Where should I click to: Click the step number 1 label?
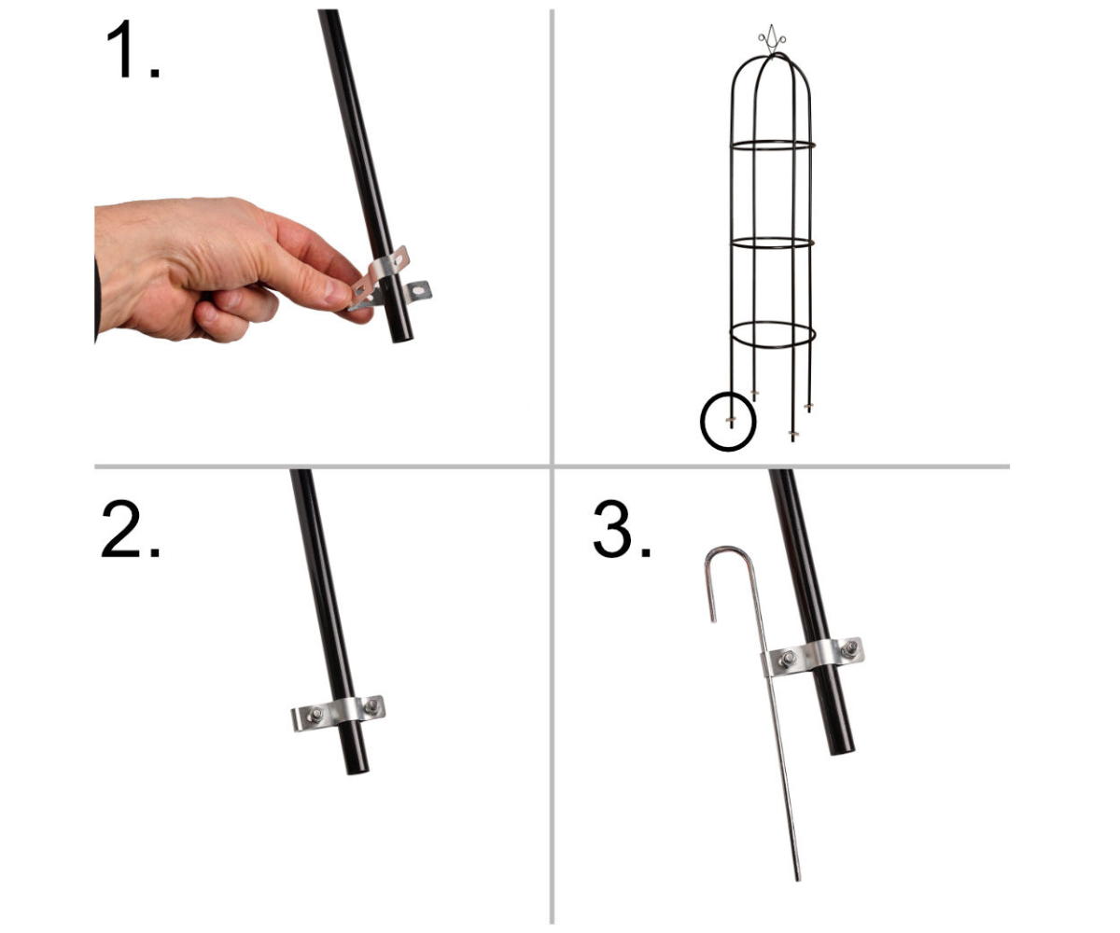[x=133, y=49]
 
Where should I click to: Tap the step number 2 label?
[x=131, y=529]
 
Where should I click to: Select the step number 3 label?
[x=622, y=529]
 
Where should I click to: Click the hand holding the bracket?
[x=225, y=268]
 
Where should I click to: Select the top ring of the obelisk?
[x=773, y=146]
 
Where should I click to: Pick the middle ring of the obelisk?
[x=773, y=243]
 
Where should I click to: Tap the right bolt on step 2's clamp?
[x=371, y=706]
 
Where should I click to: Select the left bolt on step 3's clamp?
[x=788, y=659]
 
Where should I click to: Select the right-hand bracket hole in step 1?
[x=421, y=292]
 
